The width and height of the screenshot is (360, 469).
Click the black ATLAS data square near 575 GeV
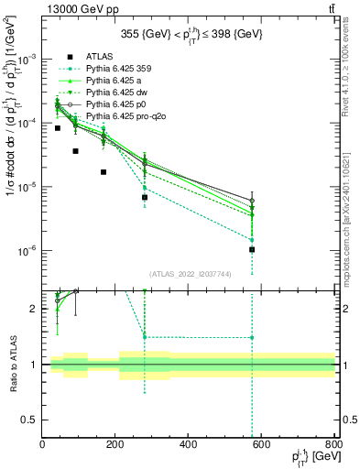252,249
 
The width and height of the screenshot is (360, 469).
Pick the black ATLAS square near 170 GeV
104,172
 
